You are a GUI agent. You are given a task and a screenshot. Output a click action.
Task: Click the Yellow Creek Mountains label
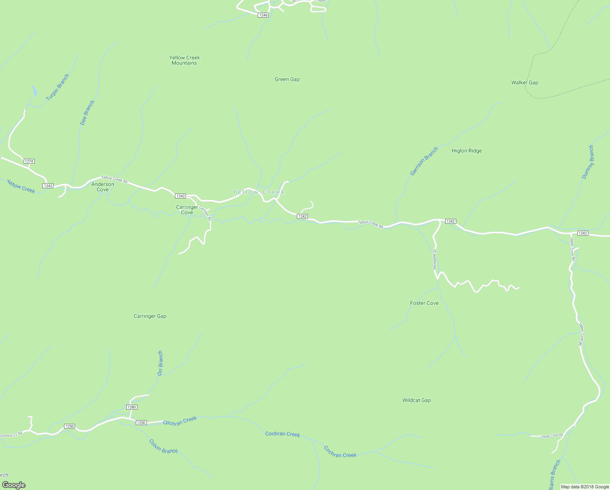(184, 60)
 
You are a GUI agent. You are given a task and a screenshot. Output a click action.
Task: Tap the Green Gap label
(287, 80)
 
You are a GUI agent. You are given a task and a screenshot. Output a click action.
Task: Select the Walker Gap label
(524, 82)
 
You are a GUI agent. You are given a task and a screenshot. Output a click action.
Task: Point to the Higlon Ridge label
(466, 151)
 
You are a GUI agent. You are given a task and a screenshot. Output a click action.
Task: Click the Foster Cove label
(424, 303)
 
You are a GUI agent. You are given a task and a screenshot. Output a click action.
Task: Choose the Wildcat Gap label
(416, 400)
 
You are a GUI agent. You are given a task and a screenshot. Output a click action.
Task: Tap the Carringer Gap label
(150, 316)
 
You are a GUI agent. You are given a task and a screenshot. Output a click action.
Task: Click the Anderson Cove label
(103, 187)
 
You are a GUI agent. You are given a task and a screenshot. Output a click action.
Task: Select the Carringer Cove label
(187, 210)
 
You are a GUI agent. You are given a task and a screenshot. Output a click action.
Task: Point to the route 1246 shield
(263, 15)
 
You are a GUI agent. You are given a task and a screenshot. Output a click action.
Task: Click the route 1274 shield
(29, 161)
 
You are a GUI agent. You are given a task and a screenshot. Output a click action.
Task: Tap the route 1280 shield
(131, 407)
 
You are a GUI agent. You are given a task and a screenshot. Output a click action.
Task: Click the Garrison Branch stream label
(424, 161)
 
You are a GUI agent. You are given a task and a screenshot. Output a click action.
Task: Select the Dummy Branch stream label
(588, 162)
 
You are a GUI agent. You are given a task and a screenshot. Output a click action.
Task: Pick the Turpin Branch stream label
(57, 87)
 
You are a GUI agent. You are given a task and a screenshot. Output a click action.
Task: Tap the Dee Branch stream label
(87, 113)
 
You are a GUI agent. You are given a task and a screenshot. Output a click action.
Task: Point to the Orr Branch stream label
(160, 363)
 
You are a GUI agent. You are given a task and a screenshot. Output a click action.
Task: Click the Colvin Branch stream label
(163, 446)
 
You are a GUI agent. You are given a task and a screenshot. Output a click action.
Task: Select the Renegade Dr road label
(435, 259)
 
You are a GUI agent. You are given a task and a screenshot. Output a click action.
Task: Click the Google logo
(14, 485)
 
